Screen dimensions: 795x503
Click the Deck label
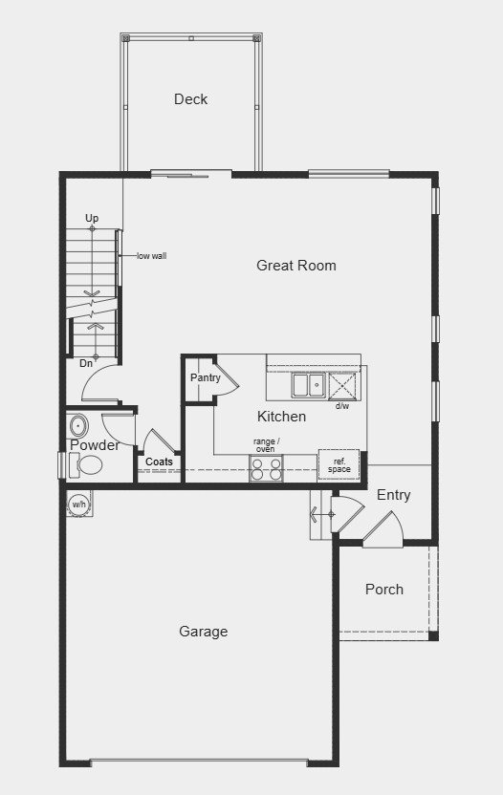[x=190, y=99]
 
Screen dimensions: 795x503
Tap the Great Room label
[x=296, y=266]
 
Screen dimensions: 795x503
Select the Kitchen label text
[x=282, y=417]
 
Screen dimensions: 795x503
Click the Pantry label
[x=205, y=377]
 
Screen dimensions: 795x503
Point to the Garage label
[x=204, y=632]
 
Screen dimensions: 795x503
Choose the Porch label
[x=384, y=590]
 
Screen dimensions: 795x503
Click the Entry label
[x=393, y=495]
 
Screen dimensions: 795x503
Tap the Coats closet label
[x=159, y=462]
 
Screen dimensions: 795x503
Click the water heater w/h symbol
[x=78, y=504]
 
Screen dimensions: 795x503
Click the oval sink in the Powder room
[x=78, y=425]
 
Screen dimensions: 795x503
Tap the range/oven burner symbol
[x=266, y=468]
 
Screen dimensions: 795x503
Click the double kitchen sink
[x=308, y=385]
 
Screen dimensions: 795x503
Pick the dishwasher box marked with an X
[x=344, y=385]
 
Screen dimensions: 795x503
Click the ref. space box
[x=339, y=463]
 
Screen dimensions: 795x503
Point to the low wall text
[x=151, y=256]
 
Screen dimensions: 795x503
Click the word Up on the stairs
[x=92, y=219]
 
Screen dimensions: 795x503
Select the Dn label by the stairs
[x=86, y=363]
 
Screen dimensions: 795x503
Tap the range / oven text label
[x=266, y=445]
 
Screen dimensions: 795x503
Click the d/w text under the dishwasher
[x=342, y=406]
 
